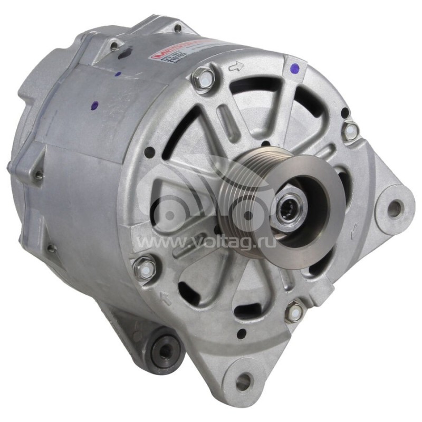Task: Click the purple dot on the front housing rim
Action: pyautogui.click(x=294, y=68)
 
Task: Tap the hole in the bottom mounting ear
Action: pyautogui.click(x=244, y=379)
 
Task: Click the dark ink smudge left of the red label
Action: pyautogui.click(x=124, y=53)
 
